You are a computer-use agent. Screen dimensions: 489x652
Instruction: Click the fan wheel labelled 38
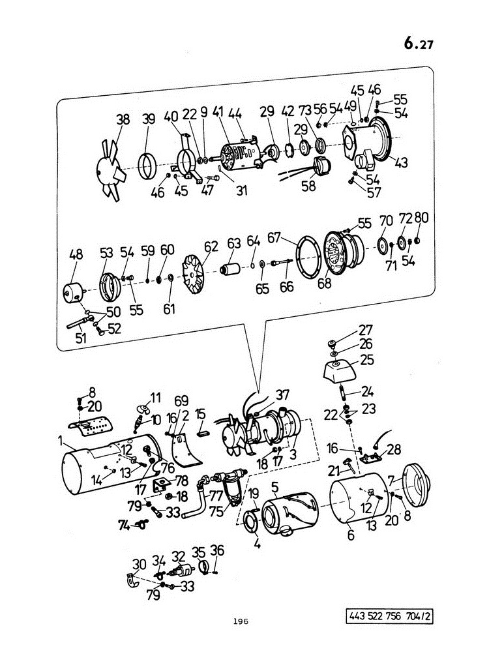[110, 170]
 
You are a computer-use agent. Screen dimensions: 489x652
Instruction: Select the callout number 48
[76, 254]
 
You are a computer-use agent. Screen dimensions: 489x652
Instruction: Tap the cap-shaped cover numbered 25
[340, 370]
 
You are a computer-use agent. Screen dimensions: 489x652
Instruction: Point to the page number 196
[241, 621]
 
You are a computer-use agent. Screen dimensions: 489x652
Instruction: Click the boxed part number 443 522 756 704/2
[389, 616]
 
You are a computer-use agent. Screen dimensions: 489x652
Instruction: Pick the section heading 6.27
[419, 43]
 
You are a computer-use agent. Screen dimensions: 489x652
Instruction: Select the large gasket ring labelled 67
[308, 256]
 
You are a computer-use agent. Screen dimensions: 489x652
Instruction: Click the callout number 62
[211, 246]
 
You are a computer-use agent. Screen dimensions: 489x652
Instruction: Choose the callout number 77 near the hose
[216, 496]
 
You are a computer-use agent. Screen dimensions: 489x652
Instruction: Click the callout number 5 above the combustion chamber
[274, 486]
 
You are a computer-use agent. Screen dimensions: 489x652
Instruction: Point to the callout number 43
[401, 162]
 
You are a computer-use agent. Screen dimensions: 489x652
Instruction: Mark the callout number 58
[308, 186]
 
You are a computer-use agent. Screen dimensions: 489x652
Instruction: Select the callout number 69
[181, 401]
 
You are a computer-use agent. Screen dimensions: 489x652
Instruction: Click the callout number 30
[140, 564]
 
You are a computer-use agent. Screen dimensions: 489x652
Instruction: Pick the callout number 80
[421, 218]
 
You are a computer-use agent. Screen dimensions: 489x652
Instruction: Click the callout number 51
[81, 338]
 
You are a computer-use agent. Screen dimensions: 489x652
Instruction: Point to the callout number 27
[366, 330]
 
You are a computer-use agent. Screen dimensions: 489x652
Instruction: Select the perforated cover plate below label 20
[90, 425]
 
